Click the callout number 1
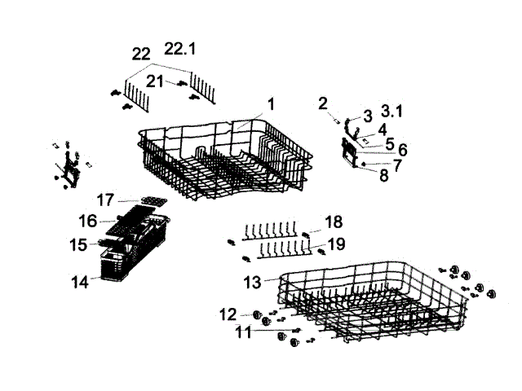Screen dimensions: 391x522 271,103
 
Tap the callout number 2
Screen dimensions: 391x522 323,103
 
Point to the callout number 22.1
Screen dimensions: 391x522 180,49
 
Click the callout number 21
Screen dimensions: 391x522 155,81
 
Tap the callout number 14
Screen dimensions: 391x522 80,283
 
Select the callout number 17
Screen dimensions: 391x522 104,199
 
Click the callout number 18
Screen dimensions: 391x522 333,222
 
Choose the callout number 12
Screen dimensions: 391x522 228,314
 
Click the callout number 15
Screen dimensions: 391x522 78,244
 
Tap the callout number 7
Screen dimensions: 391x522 397,165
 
